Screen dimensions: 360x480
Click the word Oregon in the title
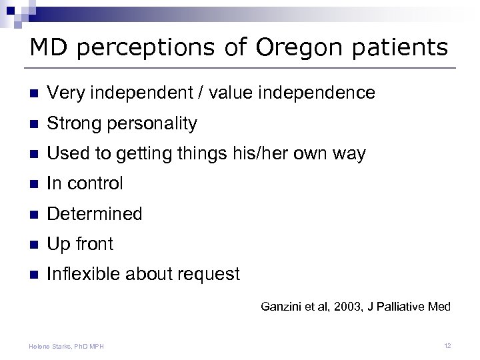[296, 48]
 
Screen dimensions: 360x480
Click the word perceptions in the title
[161, 48]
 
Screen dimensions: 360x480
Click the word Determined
[94, 214]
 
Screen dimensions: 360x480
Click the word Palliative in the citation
[404, 307]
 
